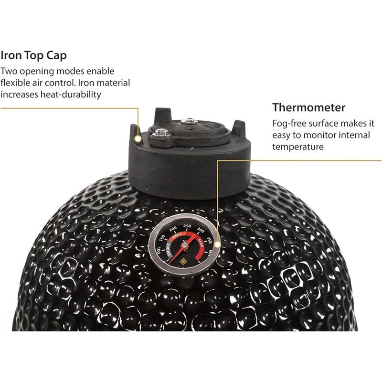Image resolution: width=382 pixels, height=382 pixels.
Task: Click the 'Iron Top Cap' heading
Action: (x=33, y=55)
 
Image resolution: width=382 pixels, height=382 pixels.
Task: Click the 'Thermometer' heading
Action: (x=308, y=107)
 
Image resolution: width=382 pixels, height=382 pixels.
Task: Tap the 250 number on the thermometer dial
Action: (x=187, y=226)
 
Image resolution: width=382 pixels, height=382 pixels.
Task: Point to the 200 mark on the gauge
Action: (x=173, y=229)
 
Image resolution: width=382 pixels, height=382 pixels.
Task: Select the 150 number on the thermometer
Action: (x=162, y=238)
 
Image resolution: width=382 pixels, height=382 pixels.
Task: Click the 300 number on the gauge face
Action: (x=201, y=230)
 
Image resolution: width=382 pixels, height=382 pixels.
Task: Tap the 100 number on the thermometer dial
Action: (x=159, y=250)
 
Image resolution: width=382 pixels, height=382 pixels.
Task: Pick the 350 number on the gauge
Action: (x=209, y=240)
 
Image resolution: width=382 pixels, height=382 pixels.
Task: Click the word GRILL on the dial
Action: (x=177, y=235)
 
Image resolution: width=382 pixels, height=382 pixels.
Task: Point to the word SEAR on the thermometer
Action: (x=200, y=243)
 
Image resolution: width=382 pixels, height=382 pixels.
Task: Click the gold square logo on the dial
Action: (x=183, y=262)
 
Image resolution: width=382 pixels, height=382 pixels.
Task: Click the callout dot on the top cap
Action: (x=138, y=139)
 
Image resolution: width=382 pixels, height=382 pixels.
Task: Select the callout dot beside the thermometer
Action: (x=218, y=245)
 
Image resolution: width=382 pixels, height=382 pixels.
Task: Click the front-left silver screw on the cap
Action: (x=160, y=133)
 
